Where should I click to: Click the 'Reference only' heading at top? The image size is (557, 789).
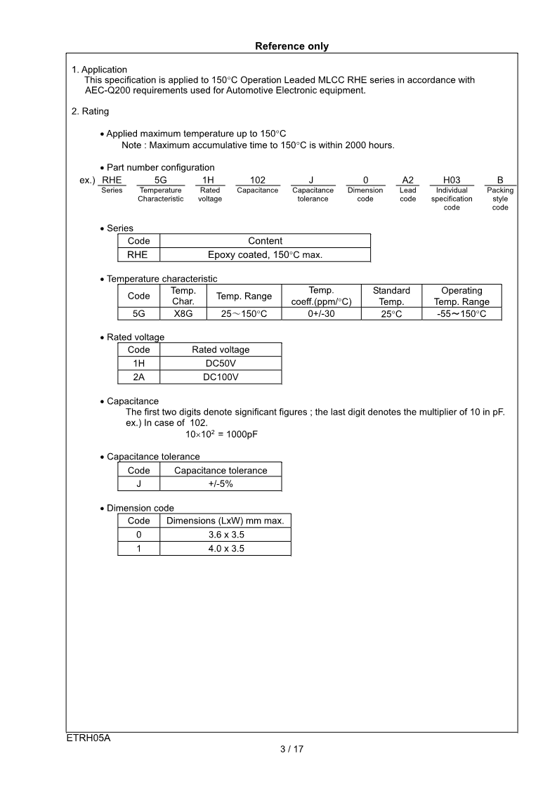pos(291,46)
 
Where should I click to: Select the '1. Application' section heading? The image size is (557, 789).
pos(99,70)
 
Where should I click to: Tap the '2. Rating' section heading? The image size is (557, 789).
pos(90,111)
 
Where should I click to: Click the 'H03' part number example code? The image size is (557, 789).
pos(452,181)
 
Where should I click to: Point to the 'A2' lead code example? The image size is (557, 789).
pos(407,181)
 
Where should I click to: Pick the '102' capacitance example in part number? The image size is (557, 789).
pos(257,181)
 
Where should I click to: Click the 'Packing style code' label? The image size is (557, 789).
pos(500,199)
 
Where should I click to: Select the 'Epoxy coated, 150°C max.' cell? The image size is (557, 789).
pos(265,254)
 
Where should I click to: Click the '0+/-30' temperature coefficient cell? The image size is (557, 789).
pos(321,314)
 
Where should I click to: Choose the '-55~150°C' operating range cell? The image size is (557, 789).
pos(461,314)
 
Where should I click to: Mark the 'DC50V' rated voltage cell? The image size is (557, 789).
pos(221,363)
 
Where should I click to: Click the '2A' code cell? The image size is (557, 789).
pos(138,377)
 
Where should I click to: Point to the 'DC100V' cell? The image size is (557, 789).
pos(221,377)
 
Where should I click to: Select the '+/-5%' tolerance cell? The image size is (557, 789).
pos(221,484)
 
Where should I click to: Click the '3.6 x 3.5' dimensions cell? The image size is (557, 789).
pos(226,535)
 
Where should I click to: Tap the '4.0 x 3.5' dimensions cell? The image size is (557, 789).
pos(226,549)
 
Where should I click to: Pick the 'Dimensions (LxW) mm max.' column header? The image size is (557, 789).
pos(225,521)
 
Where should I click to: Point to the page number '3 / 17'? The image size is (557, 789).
pos(291,749)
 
